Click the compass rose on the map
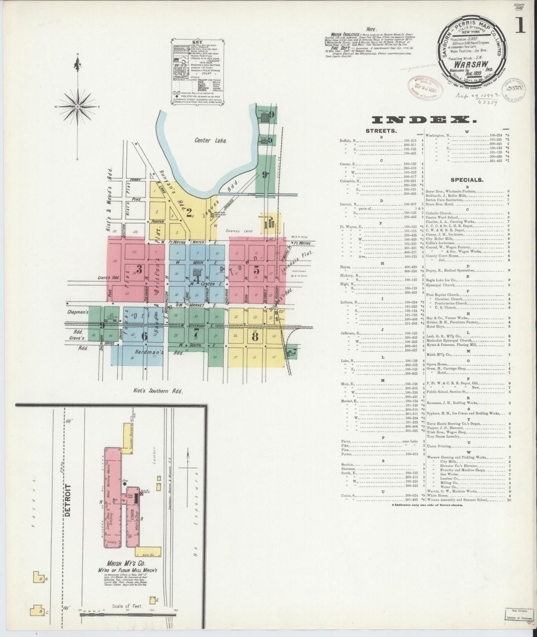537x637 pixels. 77,107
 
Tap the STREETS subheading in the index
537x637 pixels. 381,131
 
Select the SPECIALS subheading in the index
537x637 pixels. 467,180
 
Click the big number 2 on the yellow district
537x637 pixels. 189,213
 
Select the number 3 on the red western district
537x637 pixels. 139,269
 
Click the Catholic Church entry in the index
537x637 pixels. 442,213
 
